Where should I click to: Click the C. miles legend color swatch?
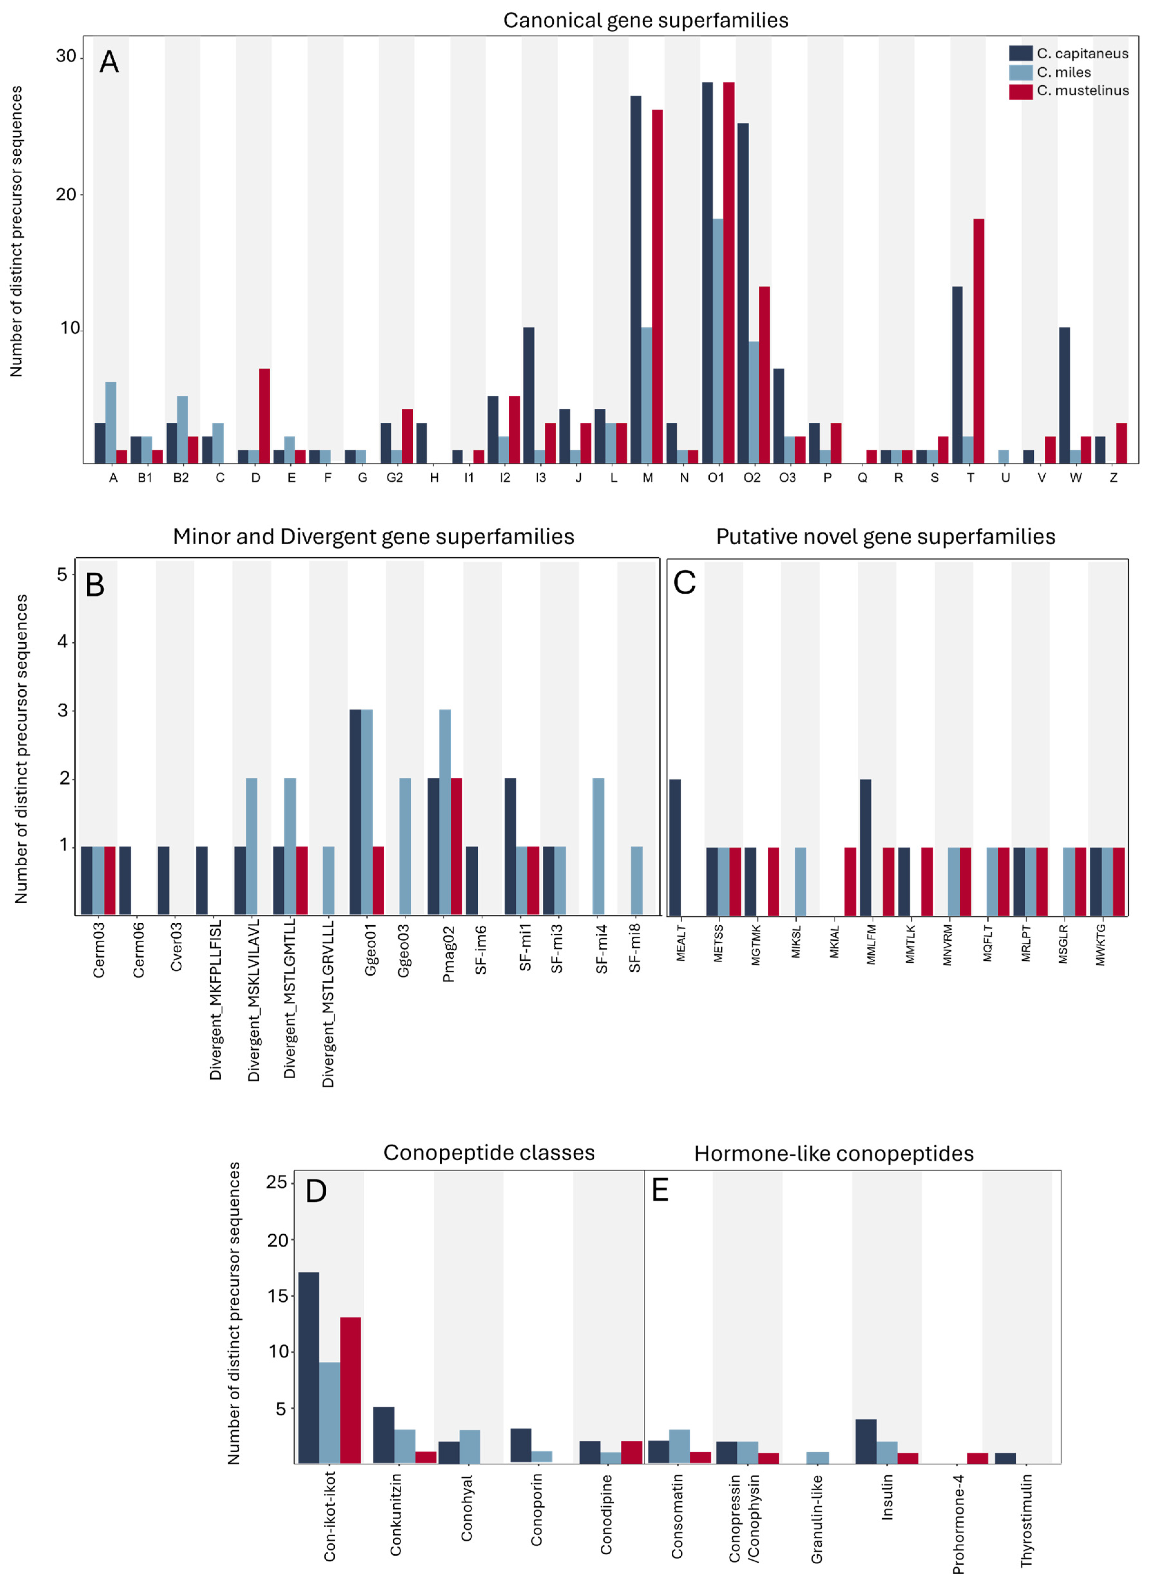click(1020, 72)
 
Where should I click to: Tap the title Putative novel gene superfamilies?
click(885, 536)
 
